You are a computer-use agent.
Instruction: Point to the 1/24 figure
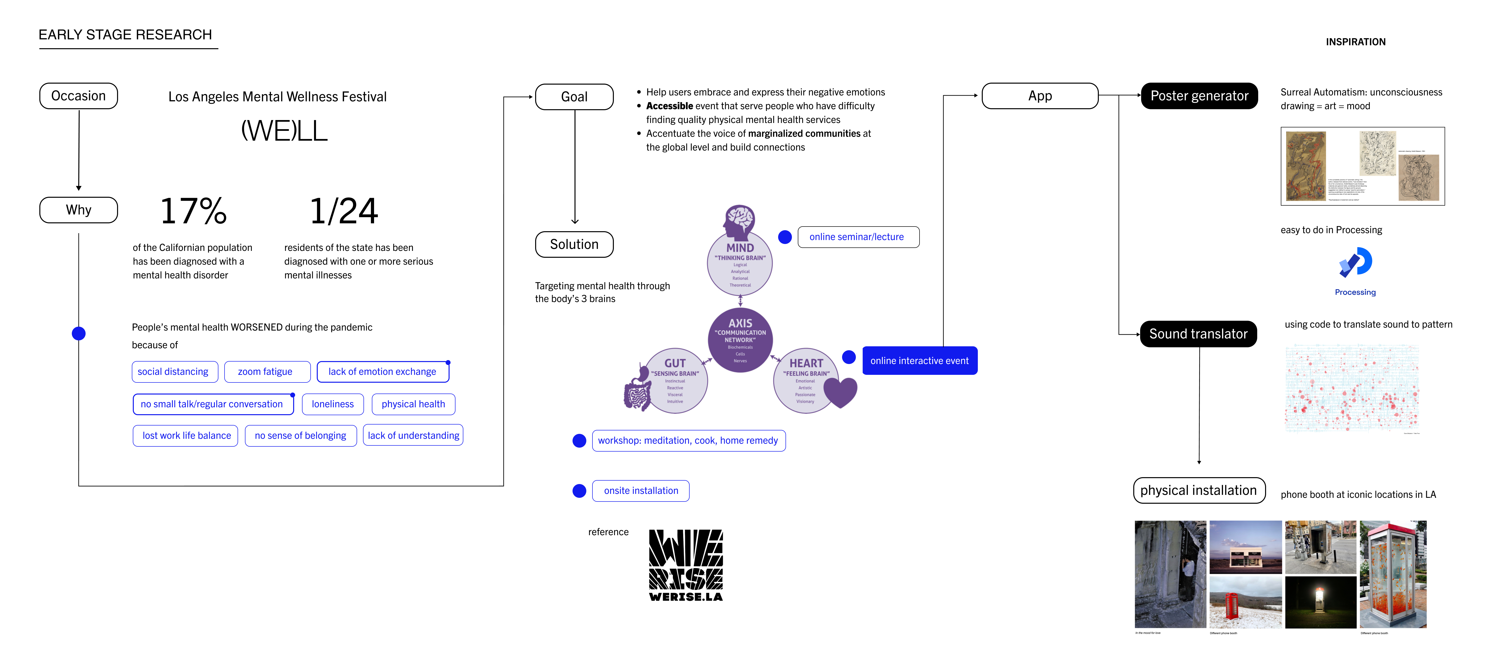tap(344, 211)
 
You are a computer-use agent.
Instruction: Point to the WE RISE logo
tap(686, 564)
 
